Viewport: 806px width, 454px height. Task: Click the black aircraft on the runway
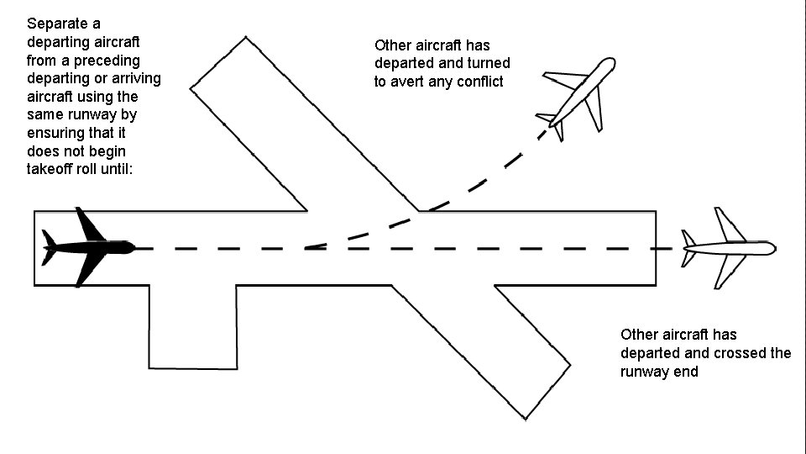coord(88,248)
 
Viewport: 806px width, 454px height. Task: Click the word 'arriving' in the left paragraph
coord(134,78)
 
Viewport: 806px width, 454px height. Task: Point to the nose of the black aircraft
coord(133,248)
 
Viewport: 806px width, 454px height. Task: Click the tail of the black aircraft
coord(50,247)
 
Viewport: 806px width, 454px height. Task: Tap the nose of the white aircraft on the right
coord(772,248)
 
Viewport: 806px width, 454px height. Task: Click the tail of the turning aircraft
coord(550,121)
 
